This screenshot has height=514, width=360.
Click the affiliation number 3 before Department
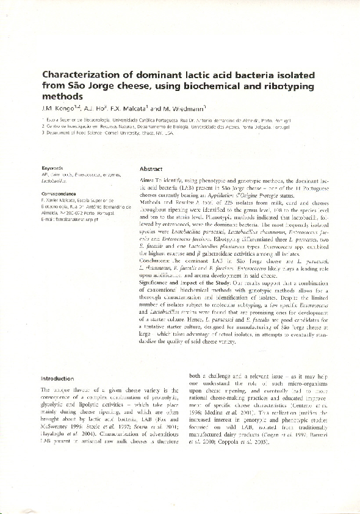click(x=43, y=132)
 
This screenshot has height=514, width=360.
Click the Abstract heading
click(x=151, y=168)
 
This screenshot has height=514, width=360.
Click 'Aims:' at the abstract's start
click(x=146, y=183)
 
